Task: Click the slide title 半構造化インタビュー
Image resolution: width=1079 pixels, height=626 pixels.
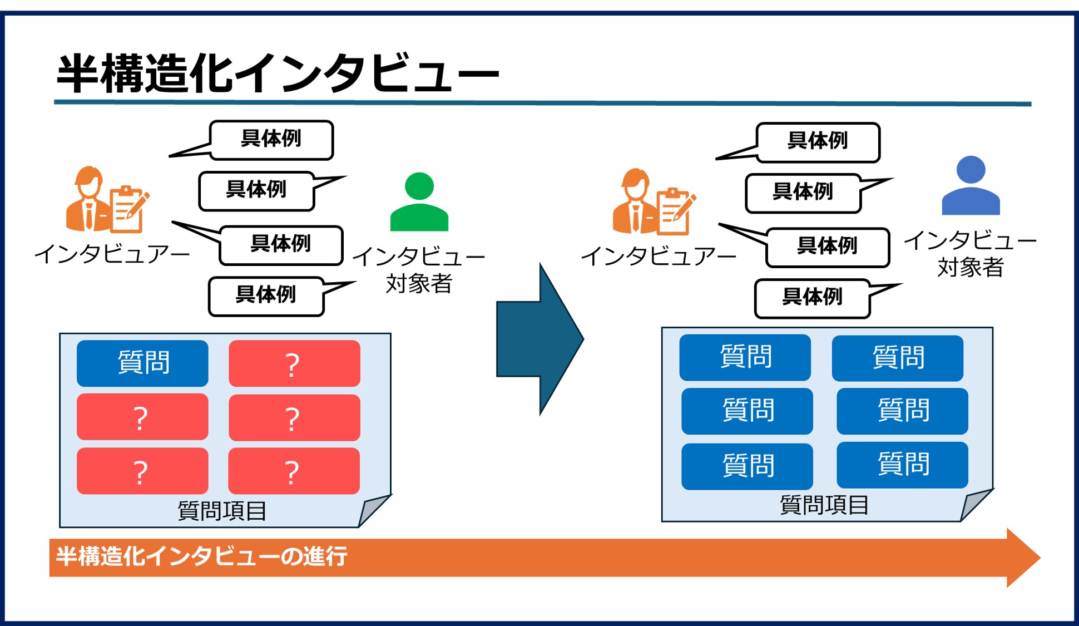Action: click(278, 73)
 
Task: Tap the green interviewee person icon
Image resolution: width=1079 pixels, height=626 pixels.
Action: click(419, 203)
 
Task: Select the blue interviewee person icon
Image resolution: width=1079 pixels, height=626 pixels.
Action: click(971, 186)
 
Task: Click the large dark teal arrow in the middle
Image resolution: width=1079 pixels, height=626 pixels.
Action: click(538, 339)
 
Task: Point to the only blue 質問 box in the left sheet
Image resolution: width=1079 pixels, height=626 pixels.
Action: click(142, 363)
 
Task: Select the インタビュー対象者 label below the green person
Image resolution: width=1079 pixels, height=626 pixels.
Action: click(419, 270)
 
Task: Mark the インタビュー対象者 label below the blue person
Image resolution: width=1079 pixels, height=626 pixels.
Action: click(970, 254)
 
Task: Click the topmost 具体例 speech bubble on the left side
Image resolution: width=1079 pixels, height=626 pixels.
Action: click(271, 140)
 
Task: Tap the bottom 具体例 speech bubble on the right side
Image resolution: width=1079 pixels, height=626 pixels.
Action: click(812, 298)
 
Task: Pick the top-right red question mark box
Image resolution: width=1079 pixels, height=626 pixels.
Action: click(294, 363)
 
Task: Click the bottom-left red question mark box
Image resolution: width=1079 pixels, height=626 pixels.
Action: click(142, 471)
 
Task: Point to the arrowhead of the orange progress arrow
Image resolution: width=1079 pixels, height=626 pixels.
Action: click(1022, 558)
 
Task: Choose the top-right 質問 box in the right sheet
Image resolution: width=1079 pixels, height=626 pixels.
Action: click(897, 358)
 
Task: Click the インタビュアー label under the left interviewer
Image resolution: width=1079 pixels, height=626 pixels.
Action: click(112, 254)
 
